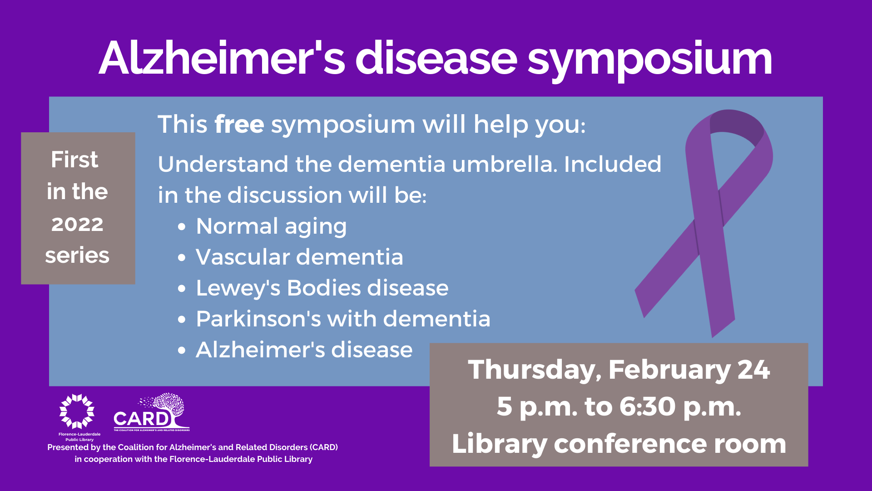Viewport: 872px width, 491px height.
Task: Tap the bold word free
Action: (x=239, y=124)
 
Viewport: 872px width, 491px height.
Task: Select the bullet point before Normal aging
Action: (x=182, y=226)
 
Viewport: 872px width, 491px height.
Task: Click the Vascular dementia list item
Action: (x=299, y=257)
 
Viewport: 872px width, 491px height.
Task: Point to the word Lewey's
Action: (x=238, y=289)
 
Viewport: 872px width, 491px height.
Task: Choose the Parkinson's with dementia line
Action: (x=343, y=319)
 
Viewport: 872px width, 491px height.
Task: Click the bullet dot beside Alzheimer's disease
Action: (x=182, y=351)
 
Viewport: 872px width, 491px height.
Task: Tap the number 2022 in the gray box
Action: (x=77, y=224)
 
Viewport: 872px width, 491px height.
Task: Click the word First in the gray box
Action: (x=74, y=160)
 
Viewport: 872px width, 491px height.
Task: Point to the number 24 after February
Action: (x=754, y=370)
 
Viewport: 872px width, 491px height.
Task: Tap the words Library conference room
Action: (x=619, y=444)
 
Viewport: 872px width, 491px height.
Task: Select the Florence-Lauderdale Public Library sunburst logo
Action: (x=77, y=411)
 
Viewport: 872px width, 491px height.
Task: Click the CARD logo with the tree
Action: (x=151, y=412)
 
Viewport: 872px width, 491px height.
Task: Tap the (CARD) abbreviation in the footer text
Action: (x=324, y=447)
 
